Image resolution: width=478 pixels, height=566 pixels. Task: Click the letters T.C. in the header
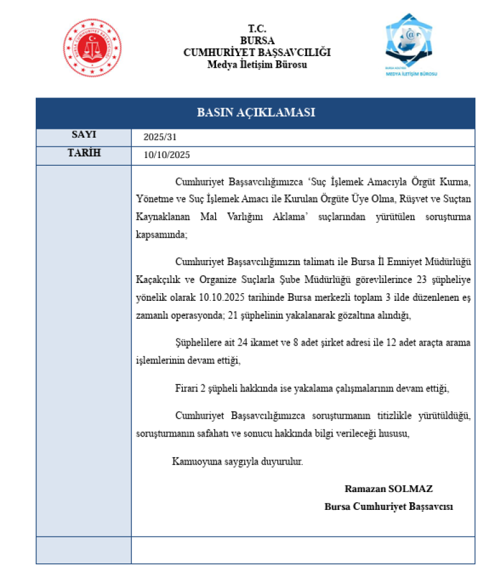(257, 29)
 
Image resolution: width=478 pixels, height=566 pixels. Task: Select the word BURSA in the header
(257, 40)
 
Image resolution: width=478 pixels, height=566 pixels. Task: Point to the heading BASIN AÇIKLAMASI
(256, 113)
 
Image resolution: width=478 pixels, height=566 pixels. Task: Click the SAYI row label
(83, 134)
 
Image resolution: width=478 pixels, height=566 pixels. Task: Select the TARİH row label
(83, 153)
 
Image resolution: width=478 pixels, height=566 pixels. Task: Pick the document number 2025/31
(159, 137)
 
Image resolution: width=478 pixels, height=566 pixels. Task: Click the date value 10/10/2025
(167, 155)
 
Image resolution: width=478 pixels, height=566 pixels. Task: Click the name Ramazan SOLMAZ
(389, 489)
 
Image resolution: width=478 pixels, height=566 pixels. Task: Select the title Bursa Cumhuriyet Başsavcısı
(389, 507)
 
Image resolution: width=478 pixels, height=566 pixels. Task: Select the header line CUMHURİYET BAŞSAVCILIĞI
(257, 52)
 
